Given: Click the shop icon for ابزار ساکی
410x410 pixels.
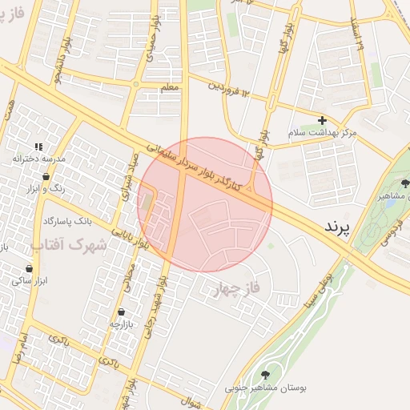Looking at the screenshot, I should [34, 267].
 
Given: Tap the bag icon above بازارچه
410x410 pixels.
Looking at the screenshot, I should [120, 312].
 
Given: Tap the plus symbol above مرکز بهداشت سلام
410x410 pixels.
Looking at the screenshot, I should [322, 120].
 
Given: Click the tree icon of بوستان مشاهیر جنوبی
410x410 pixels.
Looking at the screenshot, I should [266, 374].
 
